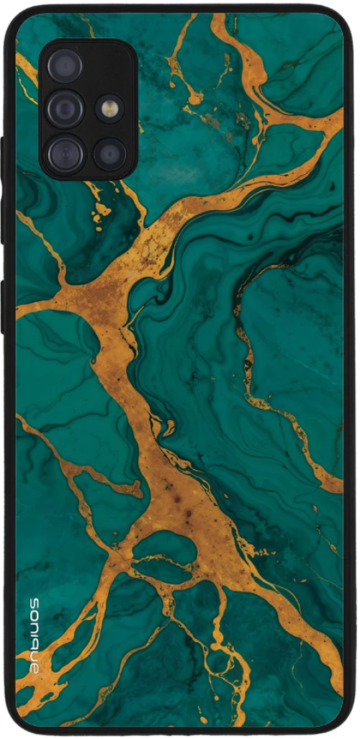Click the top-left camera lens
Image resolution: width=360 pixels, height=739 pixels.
click(65, 65)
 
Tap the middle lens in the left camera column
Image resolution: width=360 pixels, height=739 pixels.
click(65, 109)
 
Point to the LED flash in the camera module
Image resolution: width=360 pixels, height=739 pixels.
click(110, 109)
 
